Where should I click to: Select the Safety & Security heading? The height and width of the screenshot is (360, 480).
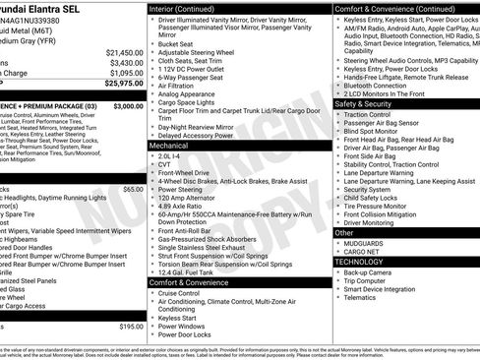[x=362, y=102]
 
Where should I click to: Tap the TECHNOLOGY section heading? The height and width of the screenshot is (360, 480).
[x=359, y=262]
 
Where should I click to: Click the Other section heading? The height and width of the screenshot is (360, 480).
[x=343, y=232]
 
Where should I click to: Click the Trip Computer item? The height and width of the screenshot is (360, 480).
[x=369, y=281]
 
